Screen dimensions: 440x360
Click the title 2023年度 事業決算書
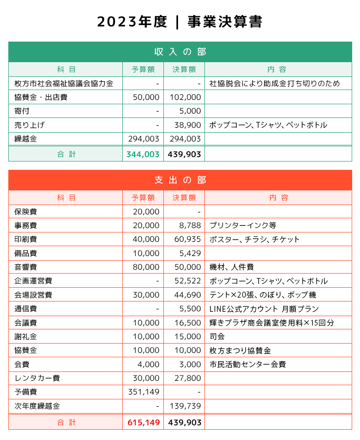coord(180,22)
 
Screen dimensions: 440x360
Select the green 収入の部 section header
coord(180,52)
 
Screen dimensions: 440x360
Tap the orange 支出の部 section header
coord(180,180)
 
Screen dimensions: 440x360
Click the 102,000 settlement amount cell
coord(185,97)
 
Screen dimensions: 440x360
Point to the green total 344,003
coord(143,154)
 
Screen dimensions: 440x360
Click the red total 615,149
coord(143,422)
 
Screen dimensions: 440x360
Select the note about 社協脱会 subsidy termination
coord(274,84)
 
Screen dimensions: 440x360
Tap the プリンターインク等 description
coord(243,226)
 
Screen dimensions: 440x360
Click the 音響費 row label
coord(25,267)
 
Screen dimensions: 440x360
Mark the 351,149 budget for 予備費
coord(143,392)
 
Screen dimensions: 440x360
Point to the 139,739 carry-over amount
coord(185,406)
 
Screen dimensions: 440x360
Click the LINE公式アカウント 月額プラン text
coord(264,309)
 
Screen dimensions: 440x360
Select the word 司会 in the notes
coord(217,337)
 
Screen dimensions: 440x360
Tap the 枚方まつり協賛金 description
coord(240,351)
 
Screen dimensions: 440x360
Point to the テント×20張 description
coord(263,295)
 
